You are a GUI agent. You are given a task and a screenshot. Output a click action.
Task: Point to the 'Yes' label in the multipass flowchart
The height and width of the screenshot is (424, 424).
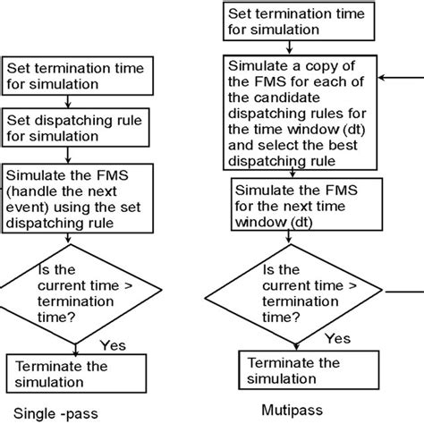(337, 338)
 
